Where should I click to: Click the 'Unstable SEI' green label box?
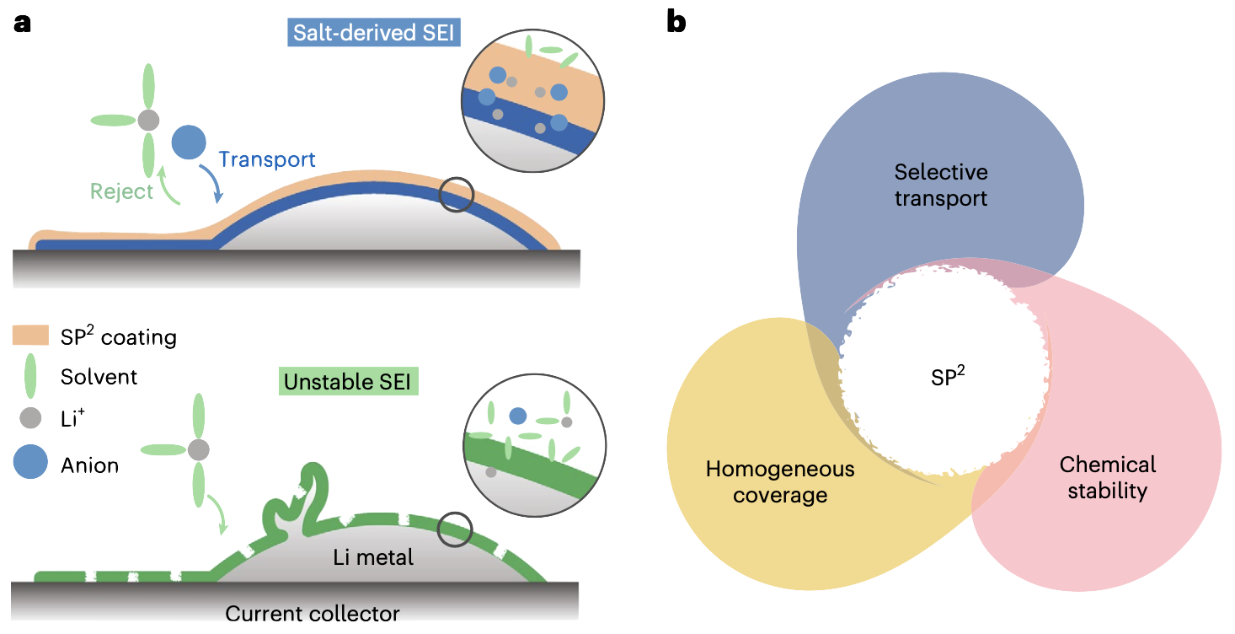(347, 382)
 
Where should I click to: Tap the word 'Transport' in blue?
(267, 159)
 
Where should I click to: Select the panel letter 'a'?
(23, 22)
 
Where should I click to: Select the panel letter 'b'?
(676, 22)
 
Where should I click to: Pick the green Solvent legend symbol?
(30, 376)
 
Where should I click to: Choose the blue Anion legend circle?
(30, 464)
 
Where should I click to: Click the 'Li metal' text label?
(373, 557)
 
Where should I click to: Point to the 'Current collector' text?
(312, 613)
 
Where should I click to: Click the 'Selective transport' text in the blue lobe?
(940, 185)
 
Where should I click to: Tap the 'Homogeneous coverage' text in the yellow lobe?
(780, 481)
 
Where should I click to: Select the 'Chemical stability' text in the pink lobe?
(1108, 477)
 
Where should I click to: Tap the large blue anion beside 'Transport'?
(188, 142)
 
